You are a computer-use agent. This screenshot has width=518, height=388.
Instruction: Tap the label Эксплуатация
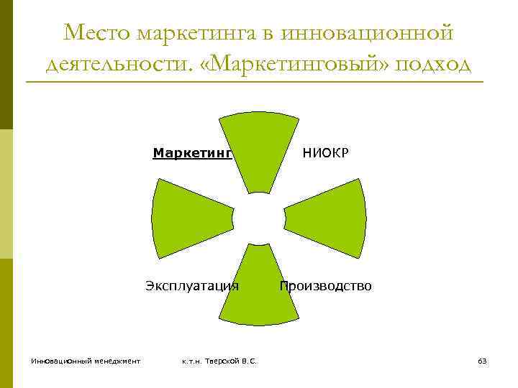(192, 286)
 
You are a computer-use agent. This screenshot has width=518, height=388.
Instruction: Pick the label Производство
(326, 286)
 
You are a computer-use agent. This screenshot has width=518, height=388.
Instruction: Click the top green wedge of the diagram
(259, 147)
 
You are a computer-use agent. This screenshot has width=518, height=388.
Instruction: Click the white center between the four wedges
(259, 218)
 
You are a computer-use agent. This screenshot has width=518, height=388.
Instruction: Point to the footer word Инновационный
(60, 361)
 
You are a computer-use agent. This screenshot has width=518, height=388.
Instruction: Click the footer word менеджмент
(115, 361)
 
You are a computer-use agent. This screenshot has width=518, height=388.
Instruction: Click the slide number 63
(482, 361)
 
